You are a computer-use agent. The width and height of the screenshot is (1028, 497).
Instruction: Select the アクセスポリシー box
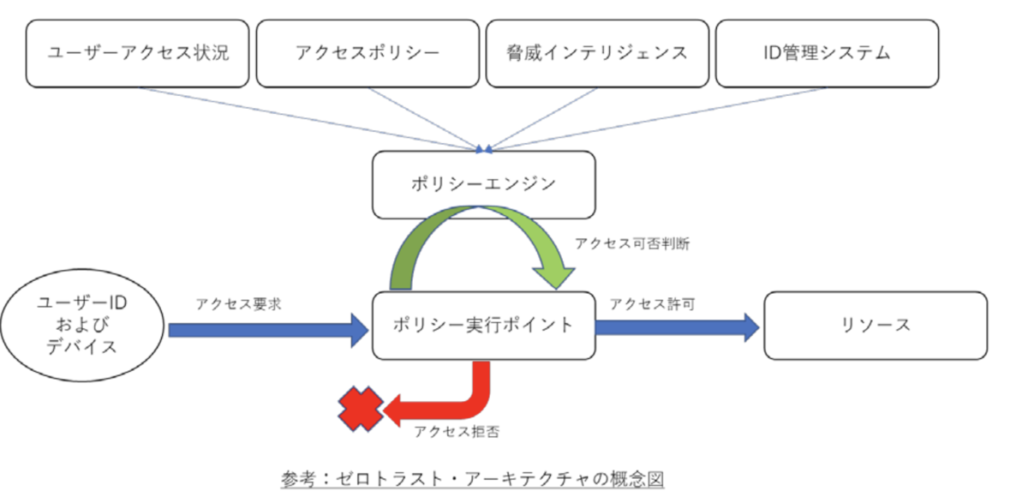pos(368,53)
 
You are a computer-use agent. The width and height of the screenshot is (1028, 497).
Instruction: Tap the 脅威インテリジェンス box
pos(597,53)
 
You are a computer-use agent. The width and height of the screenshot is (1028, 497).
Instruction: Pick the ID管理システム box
pos(827,53)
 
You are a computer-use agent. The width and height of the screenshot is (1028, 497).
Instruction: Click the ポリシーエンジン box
pos(483,184)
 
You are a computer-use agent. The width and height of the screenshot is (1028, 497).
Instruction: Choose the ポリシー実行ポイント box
pos(483,326)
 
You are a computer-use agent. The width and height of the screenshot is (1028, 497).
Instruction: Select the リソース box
pos(875,326)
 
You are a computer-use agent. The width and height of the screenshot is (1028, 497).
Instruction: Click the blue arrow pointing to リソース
pos(677,326)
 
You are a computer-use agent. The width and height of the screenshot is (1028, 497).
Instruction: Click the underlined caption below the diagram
pos(472,478)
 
